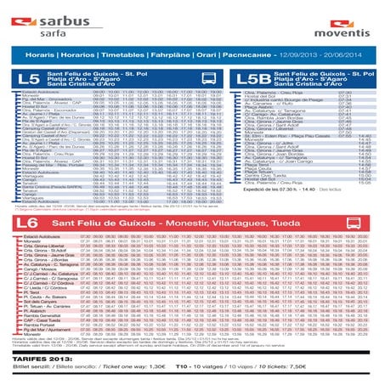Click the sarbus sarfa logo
pyautogui.click(x=40, y=14)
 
